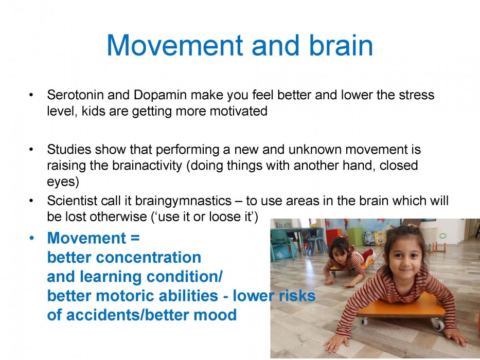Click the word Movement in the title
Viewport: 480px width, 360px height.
[x=175, y=45]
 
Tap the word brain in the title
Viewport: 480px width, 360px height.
[x=341, y=45]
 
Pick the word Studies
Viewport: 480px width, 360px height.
[x=69, y=149]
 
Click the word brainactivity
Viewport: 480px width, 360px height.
[x=147, y=165]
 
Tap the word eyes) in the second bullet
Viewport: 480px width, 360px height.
[x=63, y=182]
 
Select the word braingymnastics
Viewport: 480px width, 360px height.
[x=183, y=201]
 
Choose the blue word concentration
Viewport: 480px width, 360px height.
[x=149, y=258]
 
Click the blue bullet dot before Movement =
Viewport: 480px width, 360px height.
[x=31, y=238]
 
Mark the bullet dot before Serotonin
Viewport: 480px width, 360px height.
[x=31, y=95]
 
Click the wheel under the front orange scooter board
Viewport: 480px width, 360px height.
[x=437, y=325]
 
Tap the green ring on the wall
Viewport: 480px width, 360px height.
[x=442, y=236]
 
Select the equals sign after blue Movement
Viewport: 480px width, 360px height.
[x=135, y=238]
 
